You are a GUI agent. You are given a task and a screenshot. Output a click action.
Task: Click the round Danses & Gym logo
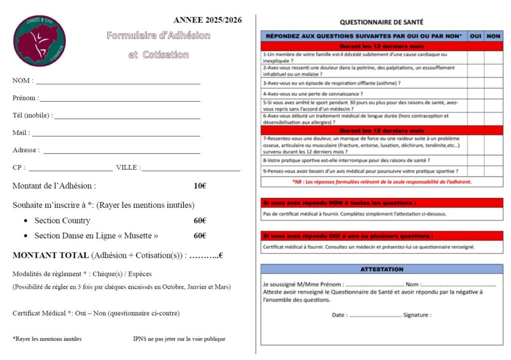[x=39, y=41]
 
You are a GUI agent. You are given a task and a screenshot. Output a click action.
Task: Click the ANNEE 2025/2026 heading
[x=208, y=20]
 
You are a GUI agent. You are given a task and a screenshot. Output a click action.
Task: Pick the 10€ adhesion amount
[x=200, y=186]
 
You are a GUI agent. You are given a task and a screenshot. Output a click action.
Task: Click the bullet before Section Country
[x=25, y=221]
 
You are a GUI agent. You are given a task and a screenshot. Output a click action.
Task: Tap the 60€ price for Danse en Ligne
[x=200, y=235]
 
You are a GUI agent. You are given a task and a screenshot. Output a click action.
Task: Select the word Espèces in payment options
[x=140, y=274]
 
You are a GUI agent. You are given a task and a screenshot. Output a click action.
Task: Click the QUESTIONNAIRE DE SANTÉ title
[x=381, y=22]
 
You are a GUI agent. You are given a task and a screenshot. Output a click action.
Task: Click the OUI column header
[x=476, y=36]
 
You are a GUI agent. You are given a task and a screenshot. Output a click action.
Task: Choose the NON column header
[x=493, y=36]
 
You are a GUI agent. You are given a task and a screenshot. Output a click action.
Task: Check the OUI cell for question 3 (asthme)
[x=476, y=83]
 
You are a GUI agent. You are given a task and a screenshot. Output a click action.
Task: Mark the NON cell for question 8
[x=493, y=161]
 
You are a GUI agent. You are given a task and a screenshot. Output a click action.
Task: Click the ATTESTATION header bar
[x=381, y=269]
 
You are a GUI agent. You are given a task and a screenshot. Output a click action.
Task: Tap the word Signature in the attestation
[x=417, y=315]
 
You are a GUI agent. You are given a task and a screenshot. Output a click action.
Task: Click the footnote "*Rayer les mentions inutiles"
[x=47, y=339]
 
